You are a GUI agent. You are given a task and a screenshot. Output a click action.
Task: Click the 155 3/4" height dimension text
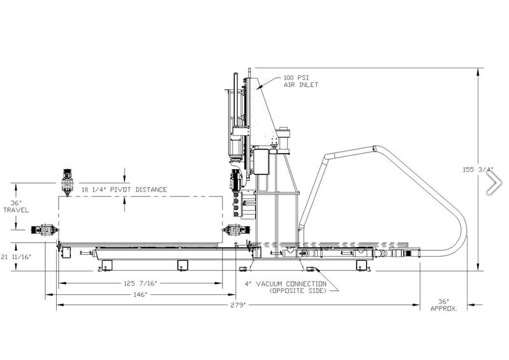pyautogui.click(x=478, y=170)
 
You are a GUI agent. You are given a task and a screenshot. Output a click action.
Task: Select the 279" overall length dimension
pyautogui.click(x=239, y=305)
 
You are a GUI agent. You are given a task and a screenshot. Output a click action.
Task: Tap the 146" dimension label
pyautogui.click(x=140, y=295)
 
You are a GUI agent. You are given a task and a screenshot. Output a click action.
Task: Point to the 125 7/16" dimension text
pyautogui.click(x=140, y=283)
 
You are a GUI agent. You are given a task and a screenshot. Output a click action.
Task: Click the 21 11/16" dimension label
pyautogui.click(x=16, y=257)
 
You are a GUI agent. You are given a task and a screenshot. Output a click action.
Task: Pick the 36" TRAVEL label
pyautogui.click(x=16, y=207)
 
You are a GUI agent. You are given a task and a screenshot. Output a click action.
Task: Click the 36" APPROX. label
pyautogui.click(x=444, y=305)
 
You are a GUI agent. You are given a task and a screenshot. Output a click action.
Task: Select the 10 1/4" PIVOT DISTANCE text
pyautogui.click(x=124, y=190)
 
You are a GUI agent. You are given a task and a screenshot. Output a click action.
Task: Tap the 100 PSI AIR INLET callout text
pyautogui.click(x=301, y=81)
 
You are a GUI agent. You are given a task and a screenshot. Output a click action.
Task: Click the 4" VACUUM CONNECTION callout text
pyautogui.click(x=285, y=284)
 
